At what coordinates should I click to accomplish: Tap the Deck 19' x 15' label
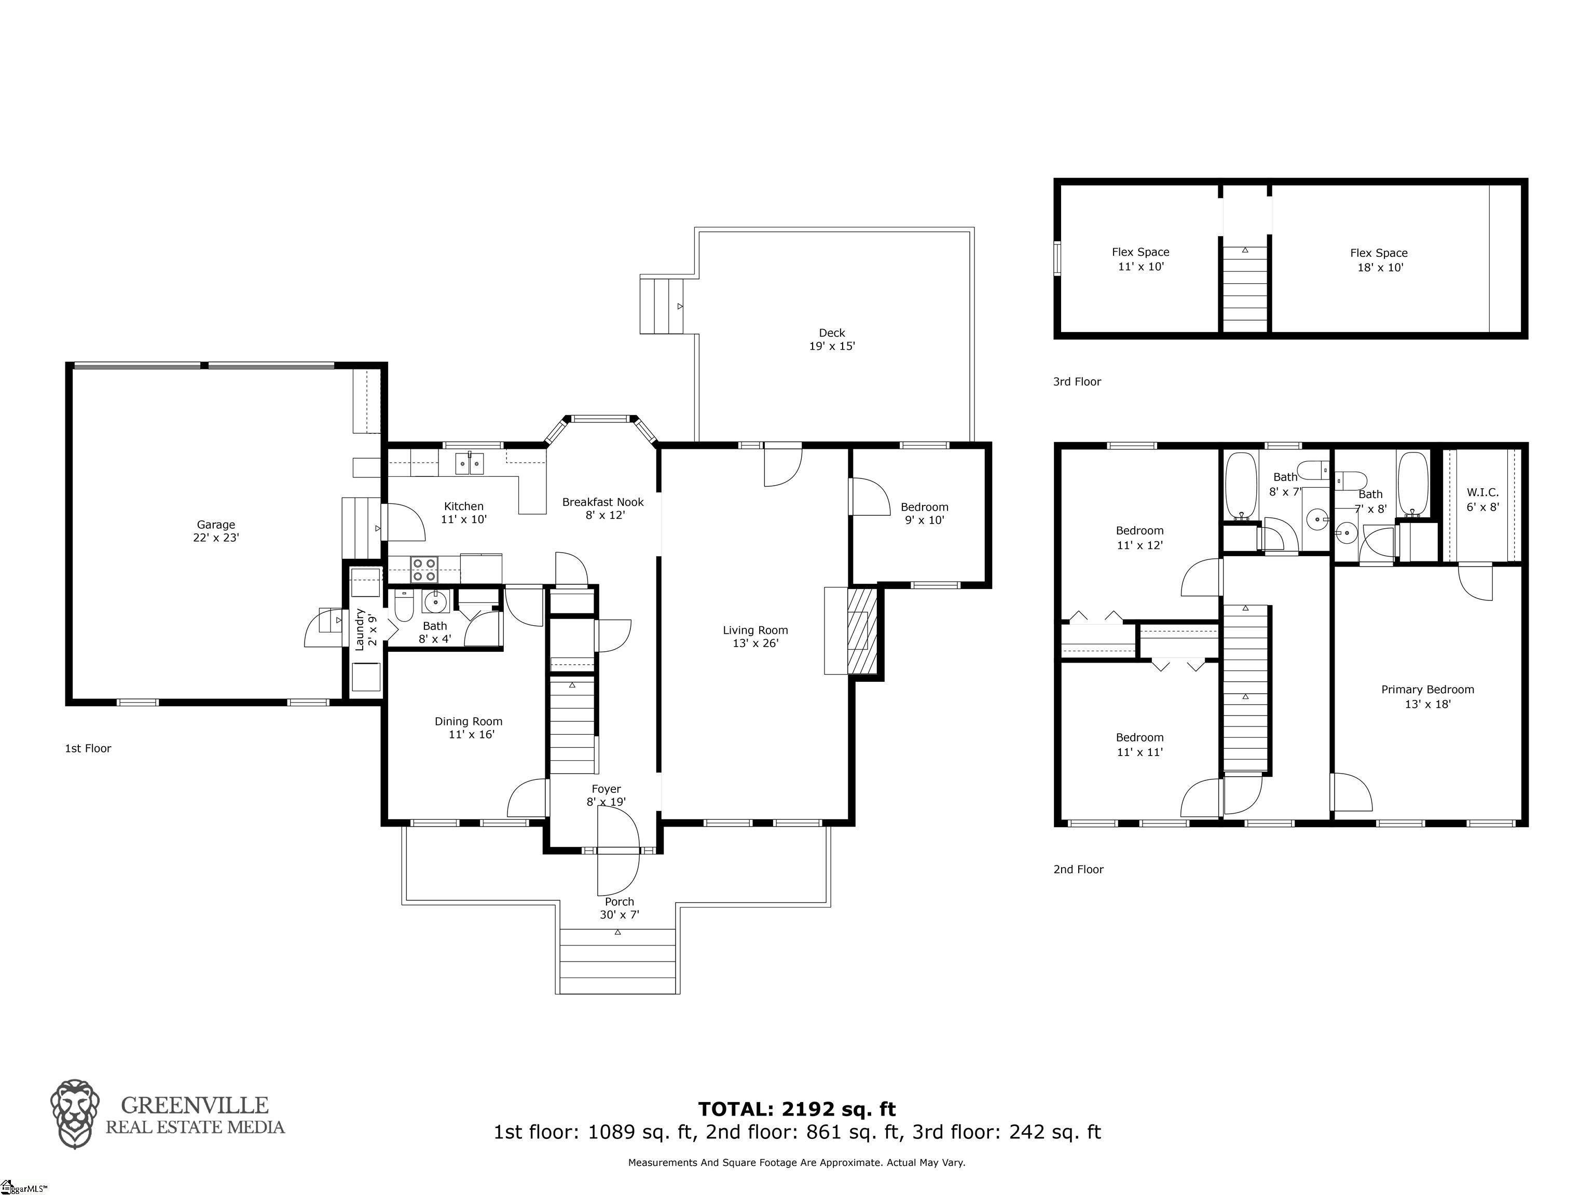point(832,339)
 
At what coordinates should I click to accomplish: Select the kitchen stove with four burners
point(424,569)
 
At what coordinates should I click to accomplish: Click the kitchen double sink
point(470,463)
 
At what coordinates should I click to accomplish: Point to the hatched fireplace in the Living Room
point(862,631)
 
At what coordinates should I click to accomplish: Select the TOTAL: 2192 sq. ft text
point(797,1108)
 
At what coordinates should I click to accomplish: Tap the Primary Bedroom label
point(1427,696)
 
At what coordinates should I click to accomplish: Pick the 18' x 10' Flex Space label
point(1379,260)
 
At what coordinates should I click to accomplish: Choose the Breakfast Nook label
point(603,508)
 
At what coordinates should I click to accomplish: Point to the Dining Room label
point(469,727)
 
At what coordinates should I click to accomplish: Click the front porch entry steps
point(617,961)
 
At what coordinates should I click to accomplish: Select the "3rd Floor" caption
point(1077,382)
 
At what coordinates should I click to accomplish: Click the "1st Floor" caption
point(88,748)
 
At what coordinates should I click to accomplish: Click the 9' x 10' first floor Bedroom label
point(925,513)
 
